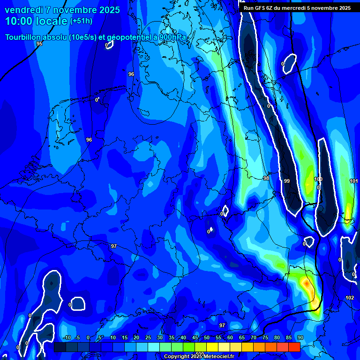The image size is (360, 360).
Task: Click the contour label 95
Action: click(x=39, y=44)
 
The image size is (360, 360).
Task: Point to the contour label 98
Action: click(x=266, y=178)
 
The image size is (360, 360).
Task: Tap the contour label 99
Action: click(x=287, y=181)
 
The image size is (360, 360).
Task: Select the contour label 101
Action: click(x=353, y=181)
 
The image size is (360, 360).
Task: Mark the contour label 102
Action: click(x=349, y=298)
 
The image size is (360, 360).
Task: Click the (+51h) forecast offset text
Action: click(x=81, y=21)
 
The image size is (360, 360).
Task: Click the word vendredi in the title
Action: click(x=23, y=10)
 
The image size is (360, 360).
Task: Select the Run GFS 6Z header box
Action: click(x=297, y=8)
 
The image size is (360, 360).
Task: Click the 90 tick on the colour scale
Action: click(x=300, y=337)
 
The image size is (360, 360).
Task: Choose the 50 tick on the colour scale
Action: click(x=207, y=337)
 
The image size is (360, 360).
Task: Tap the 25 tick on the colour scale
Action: click(x=148, y=337)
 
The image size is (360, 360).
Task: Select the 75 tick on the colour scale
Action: click(x=265, y=337)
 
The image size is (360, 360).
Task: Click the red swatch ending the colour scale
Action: click(x=294, y=347)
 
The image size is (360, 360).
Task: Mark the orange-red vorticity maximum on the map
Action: click(x=306, y=283)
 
